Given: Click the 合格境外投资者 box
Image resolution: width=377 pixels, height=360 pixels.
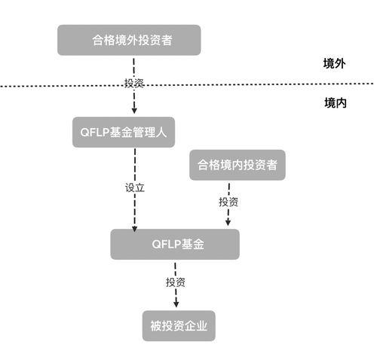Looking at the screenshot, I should tap(129, 40).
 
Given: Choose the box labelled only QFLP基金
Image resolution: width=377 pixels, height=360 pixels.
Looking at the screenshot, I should tap(174, 245).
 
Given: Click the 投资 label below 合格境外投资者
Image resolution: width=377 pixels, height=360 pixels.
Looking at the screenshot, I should tap(135, 82).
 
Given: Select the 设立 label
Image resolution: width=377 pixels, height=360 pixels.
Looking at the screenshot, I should tap(134, 187).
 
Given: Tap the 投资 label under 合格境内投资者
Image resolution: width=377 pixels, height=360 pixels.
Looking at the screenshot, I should tap(228, 202).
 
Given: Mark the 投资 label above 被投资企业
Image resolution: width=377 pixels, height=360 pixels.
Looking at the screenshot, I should tap(176, 282).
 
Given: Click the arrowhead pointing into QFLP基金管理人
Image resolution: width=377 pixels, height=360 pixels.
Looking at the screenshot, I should tap(134, 110).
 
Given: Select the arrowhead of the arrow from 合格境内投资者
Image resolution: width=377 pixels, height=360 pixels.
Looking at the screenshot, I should tap(228, 223).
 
